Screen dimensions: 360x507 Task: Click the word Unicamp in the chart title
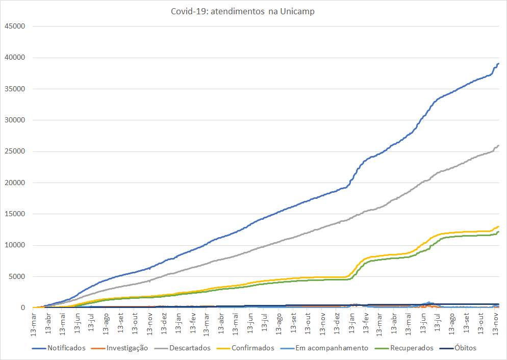[298, 12]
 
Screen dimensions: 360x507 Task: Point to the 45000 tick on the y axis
[15, 26]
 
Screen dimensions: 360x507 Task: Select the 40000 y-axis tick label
[15, 57]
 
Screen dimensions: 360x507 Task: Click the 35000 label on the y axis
[15, 89]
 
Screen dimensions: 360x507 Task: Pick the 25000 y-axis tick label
[15, 151]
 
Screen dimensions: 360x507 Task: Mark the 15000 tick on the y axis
[15, 214]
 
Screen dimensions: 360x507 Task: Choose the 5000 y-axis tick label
[17, 276]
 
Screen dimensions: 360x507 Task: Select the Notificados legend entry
[66, 348]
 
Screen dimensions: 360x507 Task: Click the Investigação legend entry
[127, 348]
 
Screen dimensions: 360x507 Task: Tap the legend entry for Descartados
[190, 348]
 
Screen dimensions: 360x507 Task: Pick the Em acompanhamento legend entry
[332, 348]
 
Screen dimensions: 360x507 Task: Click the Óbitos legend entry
[465, 348]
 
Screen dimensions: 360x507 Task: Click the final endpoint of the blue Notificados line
[498, 64]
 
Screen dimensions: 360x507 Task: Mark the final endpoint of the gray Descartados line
[498, 146]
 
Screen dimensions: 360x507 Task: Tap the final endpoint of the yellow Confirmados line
[498, 226]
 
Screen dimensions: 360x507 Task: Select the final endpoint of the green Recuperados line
[498, 232]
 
